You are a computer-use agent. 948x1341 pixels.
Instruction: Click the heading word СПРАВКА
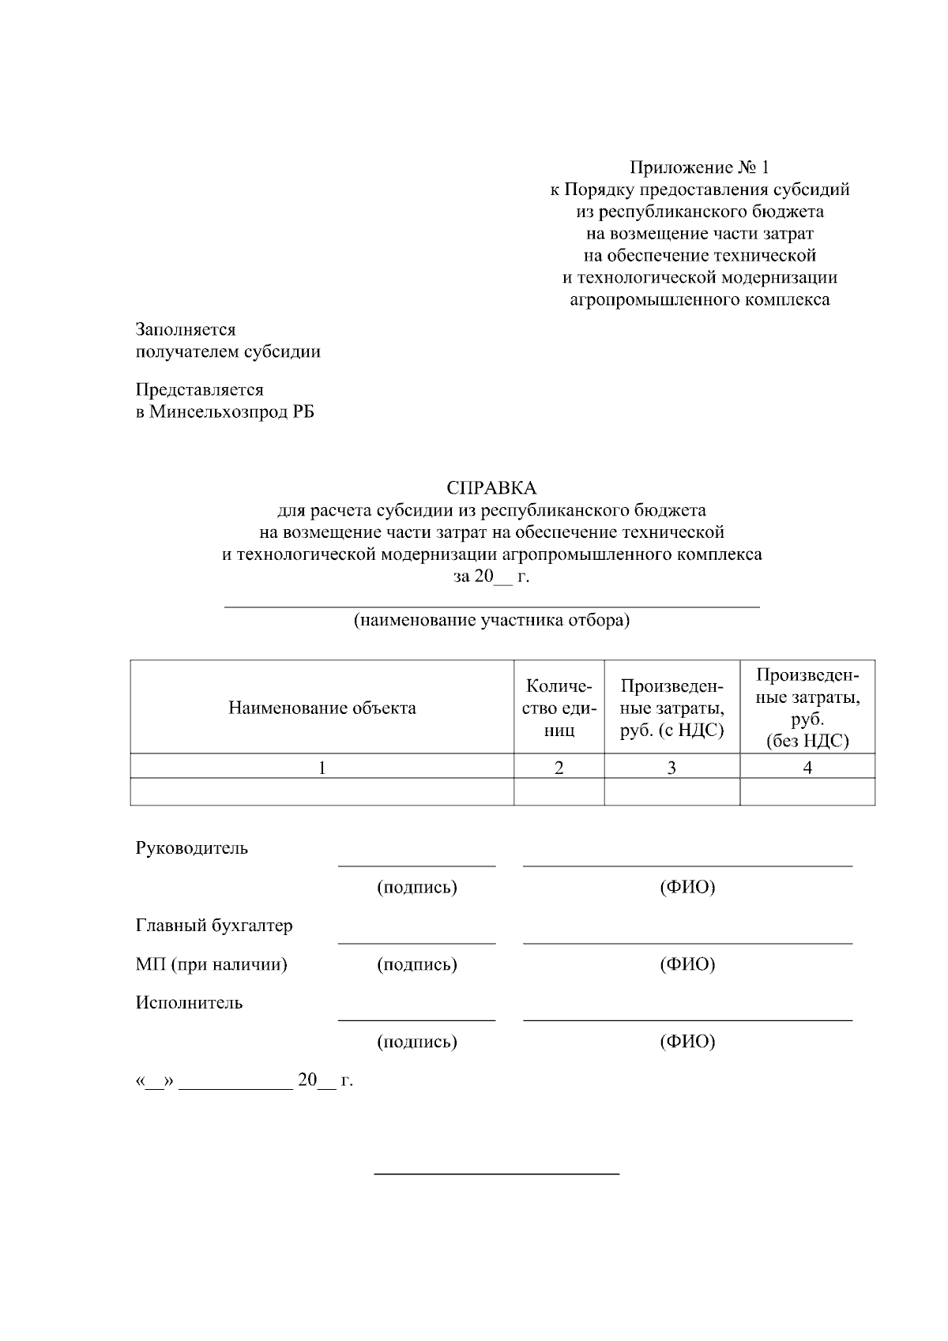(x=491, y=488)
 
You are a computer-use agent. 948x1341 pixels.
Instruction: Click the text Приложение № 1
(x=698, y=167)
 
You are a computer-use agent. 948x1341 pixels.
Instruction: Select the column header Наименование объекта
(x=322, y=708)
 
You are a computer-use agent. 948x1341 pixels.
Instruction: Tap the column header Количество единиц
(x=559, y=708)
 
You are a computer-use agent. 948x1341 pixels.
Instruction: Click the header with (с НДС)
(x=671, y=708)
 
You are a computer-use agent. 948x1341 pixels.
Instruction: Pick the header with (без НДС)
(x=807, y=708)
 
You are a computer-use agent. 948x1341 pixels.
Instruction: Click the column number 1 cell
(x=322, y=767)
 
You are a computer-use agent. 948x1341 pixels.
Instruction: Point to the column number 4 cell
(x=807, y=767)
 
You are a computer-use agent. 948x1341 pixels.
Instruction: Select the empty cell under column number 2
(x=559, y=791)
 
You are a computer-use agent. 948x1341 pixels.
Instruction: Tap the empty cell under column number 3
(x=671, y=791)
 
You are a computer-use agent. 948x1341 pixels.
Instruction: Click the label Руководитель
(x=192, y=848)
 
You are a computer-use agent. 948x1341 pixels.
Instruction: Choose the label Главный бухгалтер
(x=214, y=926)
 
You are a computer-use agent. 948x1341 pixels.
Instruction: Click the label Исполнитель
(x=190, y=1003)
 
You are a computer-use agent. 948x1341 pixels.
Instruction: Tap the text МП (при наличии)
(x=212, y=964)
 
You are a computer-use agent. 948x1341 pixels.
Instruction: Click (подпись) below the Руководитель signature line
(x=417, y=888)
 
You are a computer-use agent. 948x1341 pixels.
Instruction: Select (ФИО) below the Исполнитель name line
(x=687, y=1042)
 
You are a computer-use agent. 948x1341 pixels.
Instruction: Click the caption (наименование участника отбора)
(x=491, y=620)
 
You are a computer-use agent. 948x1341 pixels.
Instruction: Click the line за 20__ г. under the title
(x=491, y=577)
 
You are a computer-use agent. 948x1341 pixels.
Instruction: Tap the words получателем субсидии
(x=228, y=351)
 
